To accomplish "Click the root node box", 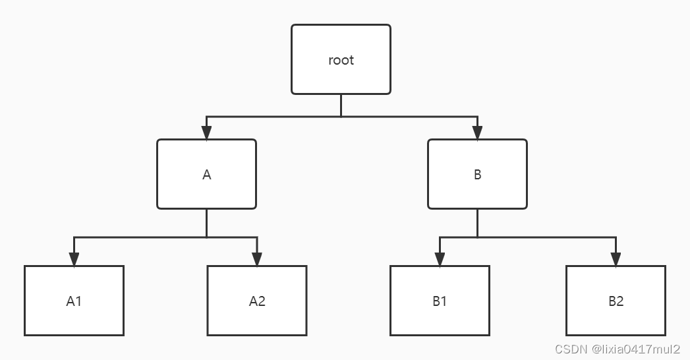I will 341,59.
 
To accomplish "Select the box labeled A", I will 206,174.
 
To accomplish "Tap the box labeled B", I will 477,174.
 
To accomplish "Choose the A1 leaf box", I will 74,301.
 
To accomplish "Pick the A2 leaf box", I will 257,301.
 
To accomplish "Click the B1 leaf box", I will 440,301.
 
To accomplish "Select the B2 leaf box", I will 616,301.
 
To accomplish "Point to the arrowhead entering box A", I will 206,133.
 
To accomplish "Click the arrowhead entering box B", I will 477,133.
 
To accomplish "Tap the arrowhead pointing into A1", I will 74,259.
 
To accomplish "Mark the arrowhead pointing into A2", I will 257,259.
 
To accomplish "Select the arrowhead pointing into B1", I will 440,259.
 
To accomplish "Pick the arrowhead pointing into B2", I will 616,259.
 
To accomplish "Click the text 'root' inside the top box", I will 341,60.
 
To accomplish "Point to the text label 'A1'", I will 74,301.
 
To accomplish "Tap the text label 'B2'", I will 616,301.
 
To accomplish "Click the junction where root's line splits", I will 341,117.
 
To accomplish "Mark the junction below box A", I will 206,237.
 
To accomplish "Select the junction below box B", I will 477,237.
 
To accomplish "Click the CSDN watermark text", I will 617,349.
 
